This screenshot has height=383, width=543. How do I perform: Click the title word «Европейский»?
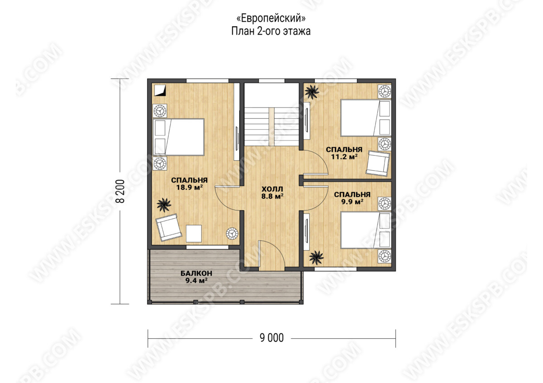click(271, 19)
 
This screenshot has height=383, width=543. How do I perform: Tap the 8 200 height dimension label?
click(120, 191)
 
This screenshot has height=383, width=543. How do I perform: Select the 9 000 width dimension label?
click(271, 338)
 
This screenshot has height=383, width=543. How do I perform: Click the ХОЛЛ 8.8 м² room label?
click(272, 192)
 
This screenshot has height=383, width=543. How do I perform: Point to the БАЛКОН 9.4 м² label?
click(196, 277)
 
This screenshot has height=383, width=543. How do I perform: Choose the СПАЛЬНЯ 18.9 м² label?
click(189, 184)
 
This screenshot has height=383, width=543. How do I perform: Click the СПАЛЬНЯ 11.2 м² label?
click(344, 153)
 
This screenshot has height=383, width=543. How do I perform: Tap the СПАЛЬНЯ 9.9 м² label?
click(352, 198)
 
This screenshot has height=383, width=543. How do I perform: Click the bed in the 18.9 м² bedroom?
click(178, 137)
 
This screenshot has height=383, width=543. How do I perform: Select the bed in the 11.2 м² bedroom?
click(366, 117)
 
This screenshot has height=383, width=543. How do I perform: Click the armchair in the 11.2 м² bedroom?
click(378, 163)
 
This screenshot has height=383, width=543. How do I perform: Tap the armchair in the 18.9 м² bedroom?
click(168, 227)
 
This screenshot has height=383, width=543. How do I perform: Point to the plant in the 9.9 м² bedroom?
click(316, 258)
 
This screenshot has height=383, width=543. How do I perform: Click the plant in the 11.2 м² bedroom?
click(312, 92)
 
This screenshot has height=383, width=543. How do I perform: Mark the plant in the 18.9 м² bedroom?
click(164, 205)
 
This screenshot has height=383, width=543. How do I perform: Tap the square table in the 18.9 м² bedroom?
click(194, 234)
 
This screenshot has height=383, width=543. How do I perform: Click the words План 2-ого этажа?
click(271, 32)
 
